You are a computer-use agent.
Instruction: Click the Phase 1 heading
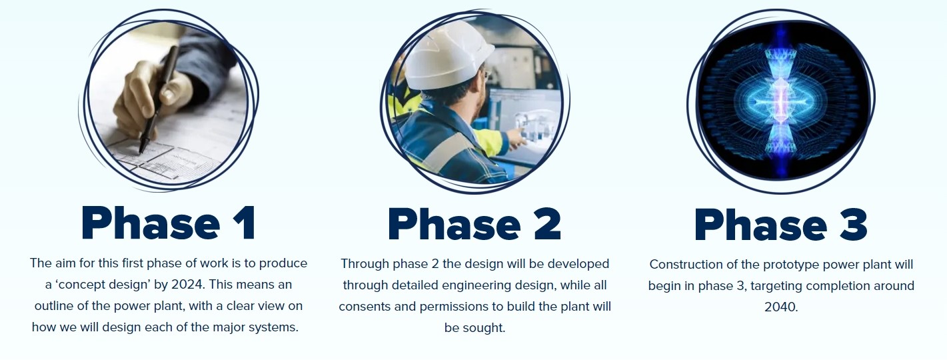(x=169, y=223)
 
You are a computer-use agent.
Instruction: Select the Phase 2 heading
(x=474, y=224)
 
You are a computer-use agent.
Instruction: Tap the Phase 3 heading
(x=781, y=224)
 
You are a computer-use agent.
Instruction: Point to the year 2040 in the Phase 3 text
(x=781, y=307)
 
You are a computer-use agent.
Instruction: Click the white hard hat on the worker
(x=447, y=55)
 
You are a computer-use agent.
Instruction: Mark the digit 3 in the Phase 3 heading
(x=852, y=224)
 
